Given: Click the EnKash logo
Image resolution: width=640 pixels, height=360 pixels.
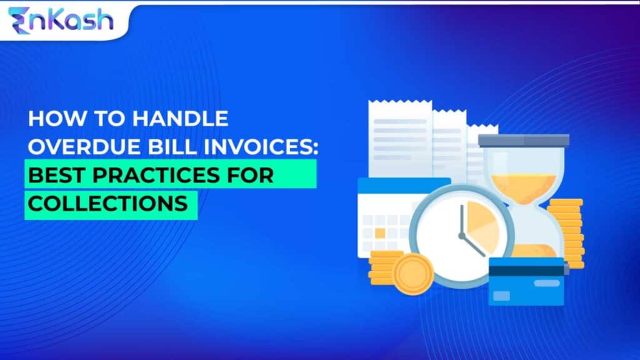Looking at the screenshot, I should [61, 19].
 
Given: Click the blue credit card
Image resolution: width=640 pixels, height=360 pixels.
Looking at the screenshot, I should [526, 281].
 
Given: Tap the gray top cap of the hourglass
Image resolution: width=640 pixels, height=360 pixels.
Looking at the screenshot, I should [524, 140].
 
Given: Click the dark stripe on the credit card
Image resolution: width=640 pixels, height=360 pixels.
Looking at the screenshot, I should [526, 269].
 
